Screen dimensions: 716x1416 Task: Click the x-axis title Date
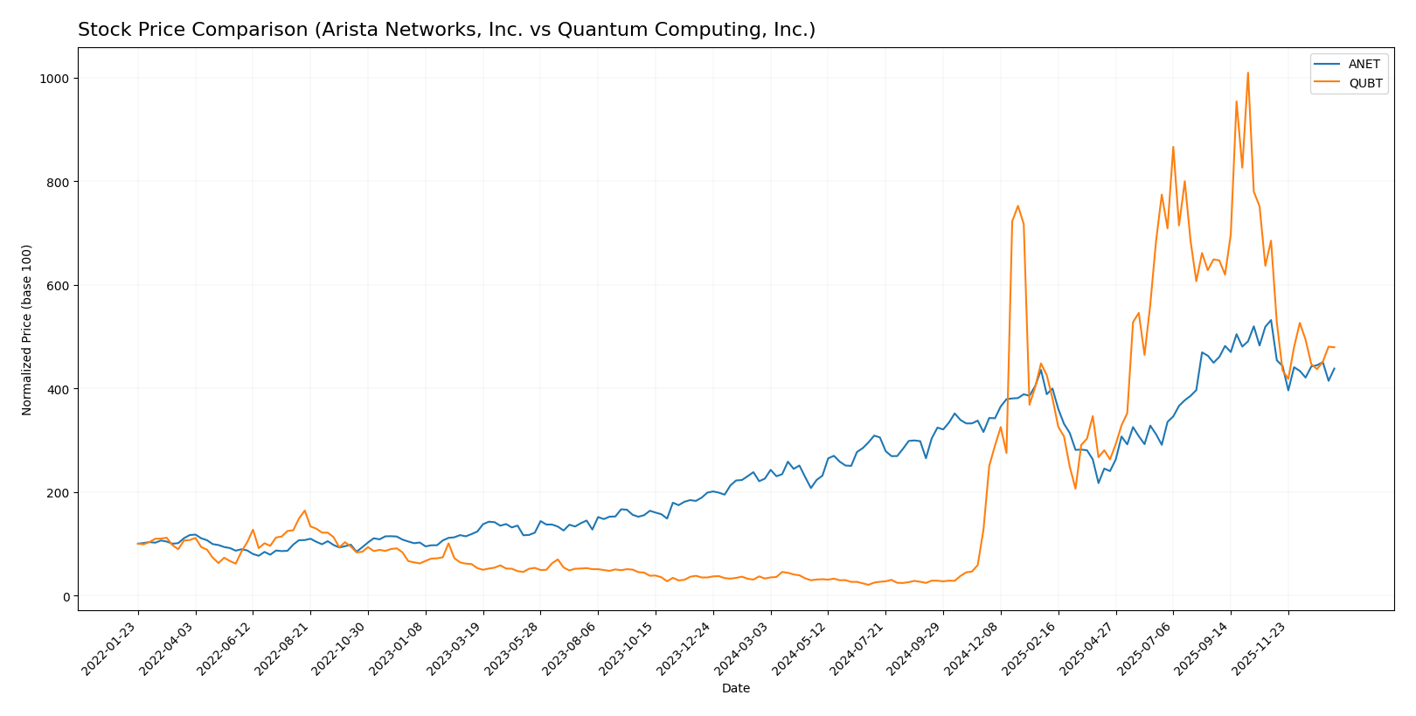tap(735, 689)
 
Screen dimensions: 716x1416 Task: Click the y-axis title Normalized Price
tap(27, 330)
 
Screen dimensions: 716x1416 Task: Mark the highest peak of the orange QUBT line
tap(1247, 73)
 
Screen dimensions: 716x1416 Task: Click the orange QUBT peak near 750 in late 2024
tap(1017, 206)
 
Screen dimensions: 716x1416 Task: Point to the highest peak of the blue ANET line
tap(1270, 320)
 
